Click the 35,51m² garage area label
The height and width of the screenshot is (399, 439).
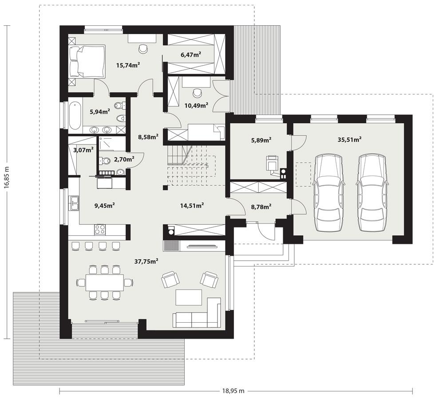349,139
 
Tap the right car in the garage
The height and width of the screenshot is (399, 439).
372,192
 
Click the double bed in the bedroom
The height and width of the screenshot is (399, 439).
87,61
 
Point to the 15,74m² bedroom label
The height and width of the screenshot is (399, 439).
128,65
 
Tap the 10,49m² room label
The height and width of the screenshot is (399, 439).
196,106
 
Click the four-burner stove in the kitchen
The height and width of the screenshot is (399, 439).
100,229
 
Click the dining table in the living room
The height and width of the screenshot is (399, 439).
104,282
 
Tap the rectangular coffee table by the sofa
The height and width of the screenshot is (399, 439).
189,297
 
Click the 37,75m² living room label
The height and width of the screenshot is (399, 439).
147,262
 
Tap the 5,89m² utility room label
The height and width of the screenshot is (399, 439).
261,140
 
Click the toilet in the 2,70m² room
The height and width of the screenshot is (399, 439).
104,160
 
